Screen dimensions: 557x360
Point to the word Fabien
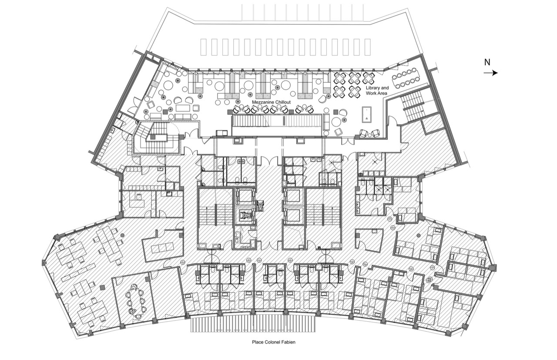pos(289,342)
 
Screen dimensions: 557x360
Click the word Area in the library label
pos(382,93)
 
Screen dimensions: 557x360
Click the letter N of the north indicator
pos(487,62)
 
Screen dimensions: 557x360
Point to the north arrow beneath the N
pos(490,73)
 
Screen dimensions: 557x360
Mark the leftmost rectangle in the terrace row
pos(203,47)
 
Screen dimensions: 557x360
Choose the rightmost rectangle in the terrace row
pos(368,47)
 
